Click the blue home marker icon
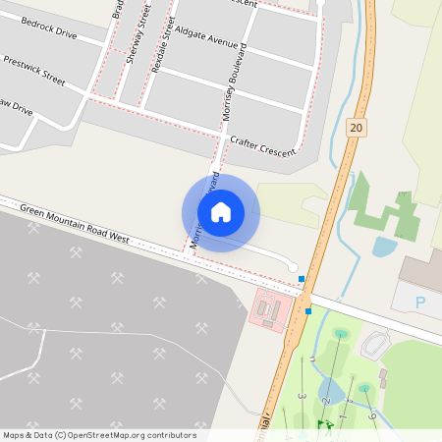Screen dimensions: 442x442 point(221,211)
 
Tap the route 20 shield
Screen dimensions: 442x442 point(356,127)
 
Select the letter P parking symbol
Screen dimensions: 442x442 point(422,303)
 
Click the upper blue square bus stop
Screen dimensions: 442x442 point(302,280)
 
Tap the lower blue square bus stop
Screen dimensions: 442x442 point(308,311)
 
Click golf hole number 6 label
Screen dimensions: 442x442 point(372,416)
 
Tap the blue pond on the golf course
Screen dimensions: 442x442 point(330,390)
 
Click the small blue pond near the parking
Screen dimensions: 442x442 point(384,246)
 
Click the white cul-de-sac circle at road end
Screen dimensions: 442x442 point(292,267)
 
